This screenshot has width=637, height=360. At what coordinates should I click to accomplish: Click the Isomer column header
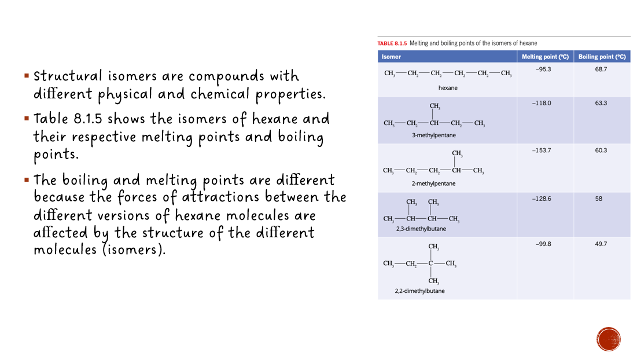tap(391, 57)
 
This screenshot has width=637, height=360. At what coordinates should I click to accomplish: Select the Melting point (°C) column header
tap(545, 57)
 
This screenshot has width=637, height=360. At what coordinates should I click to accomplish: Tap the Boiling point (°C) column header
tap(602, 57)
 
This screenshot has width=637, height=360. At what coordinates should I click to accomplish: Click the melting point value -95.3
tap(543, 69)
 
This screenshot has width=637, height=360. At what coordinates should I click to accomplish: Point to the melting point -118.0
tap(542, 103)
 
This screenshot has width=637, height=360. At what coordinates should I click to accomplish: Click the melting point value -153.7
tap(542, 150)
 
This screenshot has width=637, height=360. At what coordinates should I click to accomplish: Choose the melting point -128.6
tap(542, 199)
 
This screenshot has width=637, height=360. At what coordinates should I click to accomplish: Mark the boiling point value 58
tap(598, 199)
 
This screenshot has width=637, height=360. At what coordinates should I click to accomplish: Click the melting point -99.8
tap(543, 244)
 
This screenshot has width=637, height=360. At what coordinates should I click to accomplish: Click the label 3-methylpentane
tap(433, 135)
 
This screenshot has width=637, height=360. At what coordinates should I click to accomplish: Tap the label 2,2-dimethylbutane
tap(420, 291)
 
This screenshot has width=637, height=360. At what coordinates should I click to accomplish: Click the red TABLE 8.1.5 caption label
tap(392, 43)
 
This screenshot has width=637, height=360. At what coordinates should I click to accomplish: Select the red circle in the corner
tap(609, 339)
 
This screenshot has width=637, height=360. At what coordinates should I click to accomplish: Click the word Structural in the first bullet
tap(68, 76)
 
